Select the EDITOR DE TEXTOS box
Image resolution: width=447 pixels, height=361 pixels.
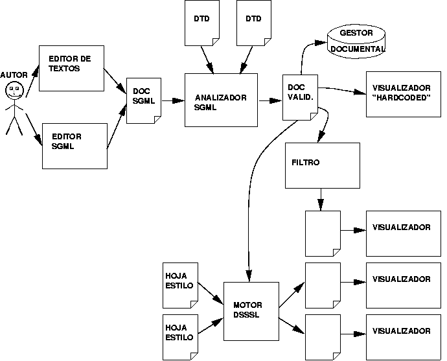click(72, 68)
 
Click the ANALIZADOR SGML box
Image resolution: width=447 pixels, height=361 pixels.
click(221, 100)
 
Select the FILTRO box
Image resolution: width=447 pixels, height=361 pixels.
click(323, 165)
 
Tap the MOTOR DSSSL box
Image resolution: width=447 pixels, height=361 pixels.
click(251, 310)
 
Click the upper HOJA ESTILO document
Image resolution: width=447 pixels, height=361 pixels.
click(179, 285)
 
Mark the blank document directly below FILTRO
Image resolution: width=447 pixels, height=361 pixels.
click(323, 233)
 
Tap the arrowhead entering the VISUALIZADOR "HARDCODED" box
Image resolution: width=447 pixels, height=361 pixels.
click(361, 93)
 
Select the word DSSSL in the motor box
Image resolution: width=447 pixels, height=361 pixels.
click(246, 315)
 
